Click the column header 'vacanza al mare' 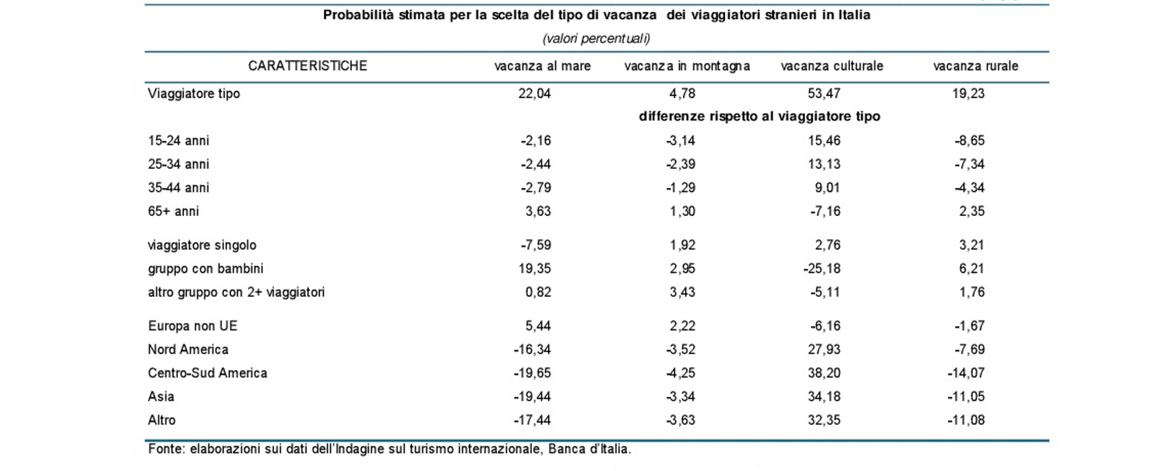[x=542, y=66]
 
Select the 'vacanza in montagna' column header [x=687, y=67]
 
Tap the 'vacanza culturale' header [x=832, y=66]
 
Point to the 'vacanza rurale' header [x=976, y=66]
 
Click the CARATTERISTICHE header [x=307, y=66]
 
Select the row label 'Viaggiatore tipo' [x=194, y=93]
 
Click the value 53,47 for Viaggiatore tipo [x=824, y=93]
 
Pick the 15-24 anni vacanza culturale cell [x=824, y=141]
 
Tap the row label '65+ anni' [x=174, y=211]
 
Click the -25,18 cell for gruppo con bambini [x=822, y=269]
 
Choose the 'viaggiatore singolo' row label [x=202, y=245]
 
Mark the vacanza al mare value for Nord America [x=532, y=349]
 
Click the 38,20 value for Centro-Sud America [x=824, y=373]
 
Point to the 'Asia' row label [x=161, y=397]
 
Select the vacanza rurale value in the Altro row [x=966, y=420]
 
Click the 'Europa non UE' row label [x=192, y=326]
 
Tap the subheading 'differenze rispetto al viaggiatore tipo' [x=759, y=117]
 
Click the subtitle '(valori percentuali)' [x=596, y=38]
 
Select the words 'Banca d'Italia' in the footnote [x=589, y=449]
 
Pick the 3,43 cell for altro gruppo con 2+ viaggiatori [x=682, y=292]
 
